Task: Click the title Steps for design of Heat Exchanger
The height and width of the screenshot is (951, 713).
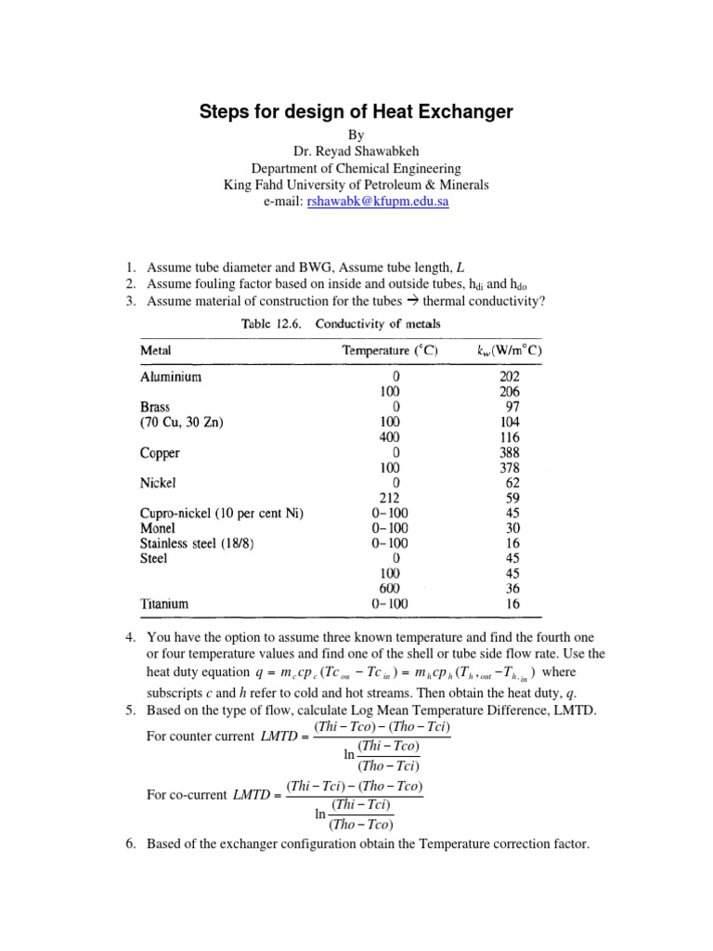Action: [356, 112]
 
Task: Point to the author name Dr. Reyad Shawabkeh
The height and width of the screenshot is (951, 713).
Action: [356, 152]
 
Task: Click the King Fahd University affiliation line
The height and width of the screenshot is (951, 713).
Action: [356, 184]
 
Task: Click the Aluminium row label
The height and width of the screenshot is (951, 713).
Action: [170, 377]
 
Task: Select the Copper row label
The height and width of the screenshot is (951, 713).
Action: [160, 453]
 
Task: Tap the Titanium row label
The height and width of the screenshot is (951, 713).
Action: [164, 604]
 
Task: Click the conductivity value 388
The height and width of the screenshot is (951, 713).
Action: [510, 453]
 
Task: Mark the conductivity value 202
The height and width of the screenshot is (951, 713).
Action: [510, 377]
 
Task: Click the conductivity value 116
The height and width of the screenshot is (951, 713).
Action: [510, 437]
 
